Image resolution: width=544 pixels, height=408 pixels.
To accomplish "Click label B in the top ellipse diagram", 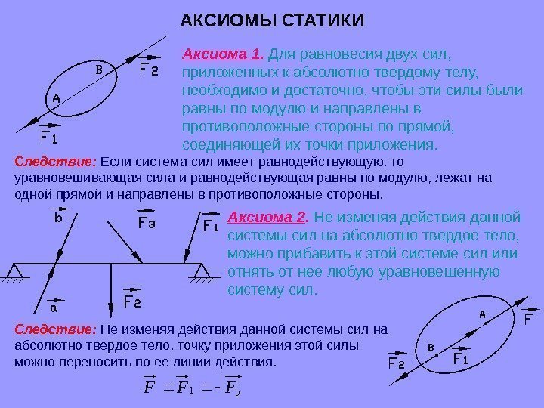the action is pyautogui.click(x=98, y=70).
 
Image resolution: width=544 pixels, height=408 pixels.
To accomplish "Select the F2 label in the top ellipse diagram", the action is pyautogui.click(x=150, y=70).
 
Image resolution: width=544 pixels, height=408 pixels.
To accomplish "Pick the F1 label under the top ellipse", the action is pyautogui.click(x=49, y=139).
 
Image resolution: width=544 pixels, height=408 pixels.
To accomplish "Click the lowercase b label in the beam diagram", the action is pyautogui.click(x=57, y=221).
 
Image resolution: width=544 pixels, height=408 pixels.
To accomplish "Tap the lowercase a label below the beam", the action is pyautogui.click(x=54, y=308).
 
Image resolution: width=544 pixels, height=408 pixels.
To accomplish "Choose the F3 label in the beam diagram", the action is pyautogui.click(x=146, y=224).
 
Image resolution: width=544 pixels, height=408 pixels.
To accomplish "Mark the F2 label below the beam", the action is pyautogui.click(x=133, y=302).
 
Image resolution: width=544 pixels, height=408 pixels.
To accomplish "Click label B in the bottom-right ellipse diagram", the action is pyautogui.click(x=431, y=348).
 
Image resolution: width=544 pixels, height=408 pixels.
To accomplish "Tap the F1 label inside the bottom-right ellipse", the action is pyautogui.click(x=461, y=360).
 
